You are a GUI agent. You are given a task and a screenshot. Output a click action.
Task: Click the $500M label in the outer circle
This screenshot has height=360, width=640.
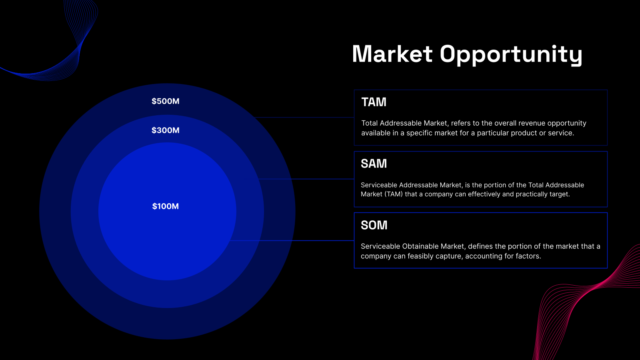[x=165, y=101]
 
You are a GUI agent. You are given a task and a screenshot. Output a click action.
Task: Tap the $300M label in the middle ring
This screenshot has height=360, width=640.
[x=165, y=130]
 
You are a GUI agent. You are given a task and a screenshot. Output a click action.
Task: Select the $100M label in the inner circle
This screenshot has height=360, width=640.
[x=165, y=206]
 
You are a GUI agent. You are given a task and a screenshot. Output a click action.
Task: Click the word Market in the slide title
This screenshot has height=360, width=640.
[x=392, y=54]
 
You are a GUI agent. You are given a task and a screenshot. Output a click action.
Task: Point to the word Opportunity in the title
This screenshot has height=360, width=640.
[x=511, y=55]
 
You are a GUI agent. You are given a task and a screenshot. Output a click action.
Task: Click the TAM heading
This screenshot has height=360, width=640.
[x=374, y=102]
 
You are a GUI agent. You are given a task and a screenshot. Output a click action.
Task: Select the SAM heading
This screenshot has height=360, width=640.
[x=374, y=164]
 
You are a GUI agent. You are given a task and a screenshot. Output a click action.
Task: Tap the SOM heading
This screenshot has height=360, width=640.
[x=374, y=225]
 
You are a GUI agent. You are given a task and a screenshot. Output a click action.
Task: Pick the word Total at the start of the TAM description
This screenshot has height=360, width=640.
[x=370, y=123]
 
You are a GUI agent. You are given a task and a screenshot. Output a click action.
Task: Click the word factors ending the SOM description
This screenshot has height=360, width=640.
[x=528, y=256]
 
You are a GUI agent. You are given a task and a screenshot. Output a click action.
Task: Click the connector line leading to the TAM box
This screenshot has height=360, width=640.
[x=304, y=118]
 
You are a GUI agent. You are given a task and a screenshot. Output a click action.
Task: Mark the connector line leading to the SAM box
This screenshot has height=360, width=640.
[x=306, y=179]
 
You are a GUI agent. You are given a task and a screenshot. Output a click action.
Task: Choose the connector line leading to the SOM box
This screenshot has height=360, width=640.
[x=292, y=240]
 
